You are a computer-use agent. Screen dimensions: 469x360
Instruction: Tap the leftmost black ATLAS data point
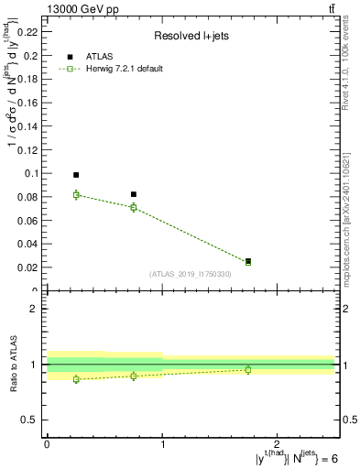(x=76, y=175)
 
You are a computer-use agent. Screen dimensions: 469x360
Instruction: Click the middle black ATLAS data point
(x=134, y=194)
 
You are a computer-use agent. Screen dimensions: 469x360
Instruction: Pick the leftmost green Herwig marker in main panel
(x=76, y=194)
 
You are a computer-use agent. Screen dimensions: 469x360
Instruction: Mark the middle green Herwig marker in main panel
(x=134, y=207)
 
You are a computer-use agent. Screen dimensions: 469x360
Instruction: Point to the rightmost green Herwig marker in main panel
(x=248, y=262)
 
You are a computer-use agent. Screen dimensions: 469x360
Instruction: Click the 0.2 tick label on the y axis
(x=32, y=56)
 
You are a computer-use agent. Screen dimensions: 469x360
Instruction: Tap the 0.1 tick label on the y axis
(x=32, y=173)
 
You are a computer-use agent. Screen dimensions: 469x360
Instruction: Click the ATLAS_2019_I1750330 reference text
(x=191, y=274)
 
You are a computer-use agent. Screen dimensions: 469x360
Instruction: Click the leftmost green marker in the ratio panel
(x=76, y=379)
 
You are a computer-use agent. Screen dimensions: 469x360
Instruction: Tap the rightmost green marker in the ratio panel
(x=248, y=369)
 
